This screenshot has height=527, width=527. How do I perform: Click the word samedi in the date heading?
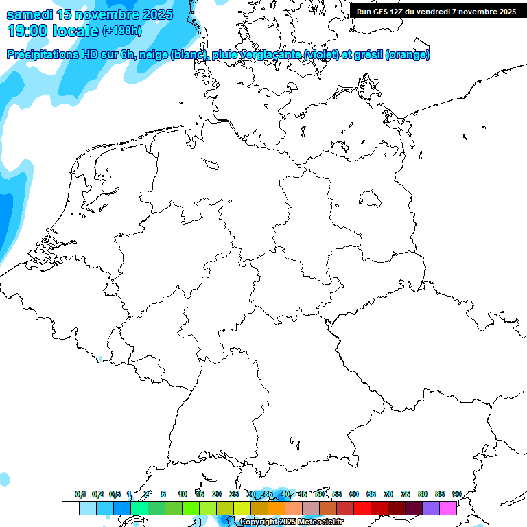coord(30,14)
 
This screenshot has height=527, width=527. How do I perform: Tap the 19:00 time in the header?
coord(27,31)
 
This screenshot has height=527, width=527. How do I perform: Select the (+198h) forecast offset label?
coord(123,31)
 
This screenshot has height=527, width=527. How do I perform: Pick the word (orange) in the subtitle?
coord(408,55)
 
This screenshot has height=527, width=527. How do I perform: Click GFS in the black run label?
coord(382,12)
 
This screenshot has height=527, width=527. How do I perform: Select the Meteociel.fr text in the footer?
coord(320,522)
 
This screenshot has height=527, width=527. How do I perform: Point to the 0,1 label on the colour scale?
coord(80,495)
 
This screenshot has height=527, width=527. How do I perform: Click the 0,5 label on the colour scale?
coord(114,495)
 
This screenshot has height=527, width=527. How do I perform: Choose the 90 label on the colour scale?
coord(456,495)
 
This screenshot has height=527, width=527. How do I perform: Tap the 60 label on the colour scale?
coord(354,495)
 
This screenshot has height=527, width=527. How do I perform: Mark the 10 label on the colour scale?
coord(183,495)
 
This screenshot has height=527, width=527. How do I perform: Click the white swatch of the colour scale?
coord(70,508)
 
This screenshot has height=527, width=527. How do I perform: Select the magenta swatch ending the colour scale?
coord(447,508)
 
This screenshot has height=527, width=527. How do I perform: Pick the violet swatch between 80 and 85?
coord(430,508)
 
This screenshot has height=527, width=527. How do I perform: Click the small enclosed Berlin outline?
coord(371,199)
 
